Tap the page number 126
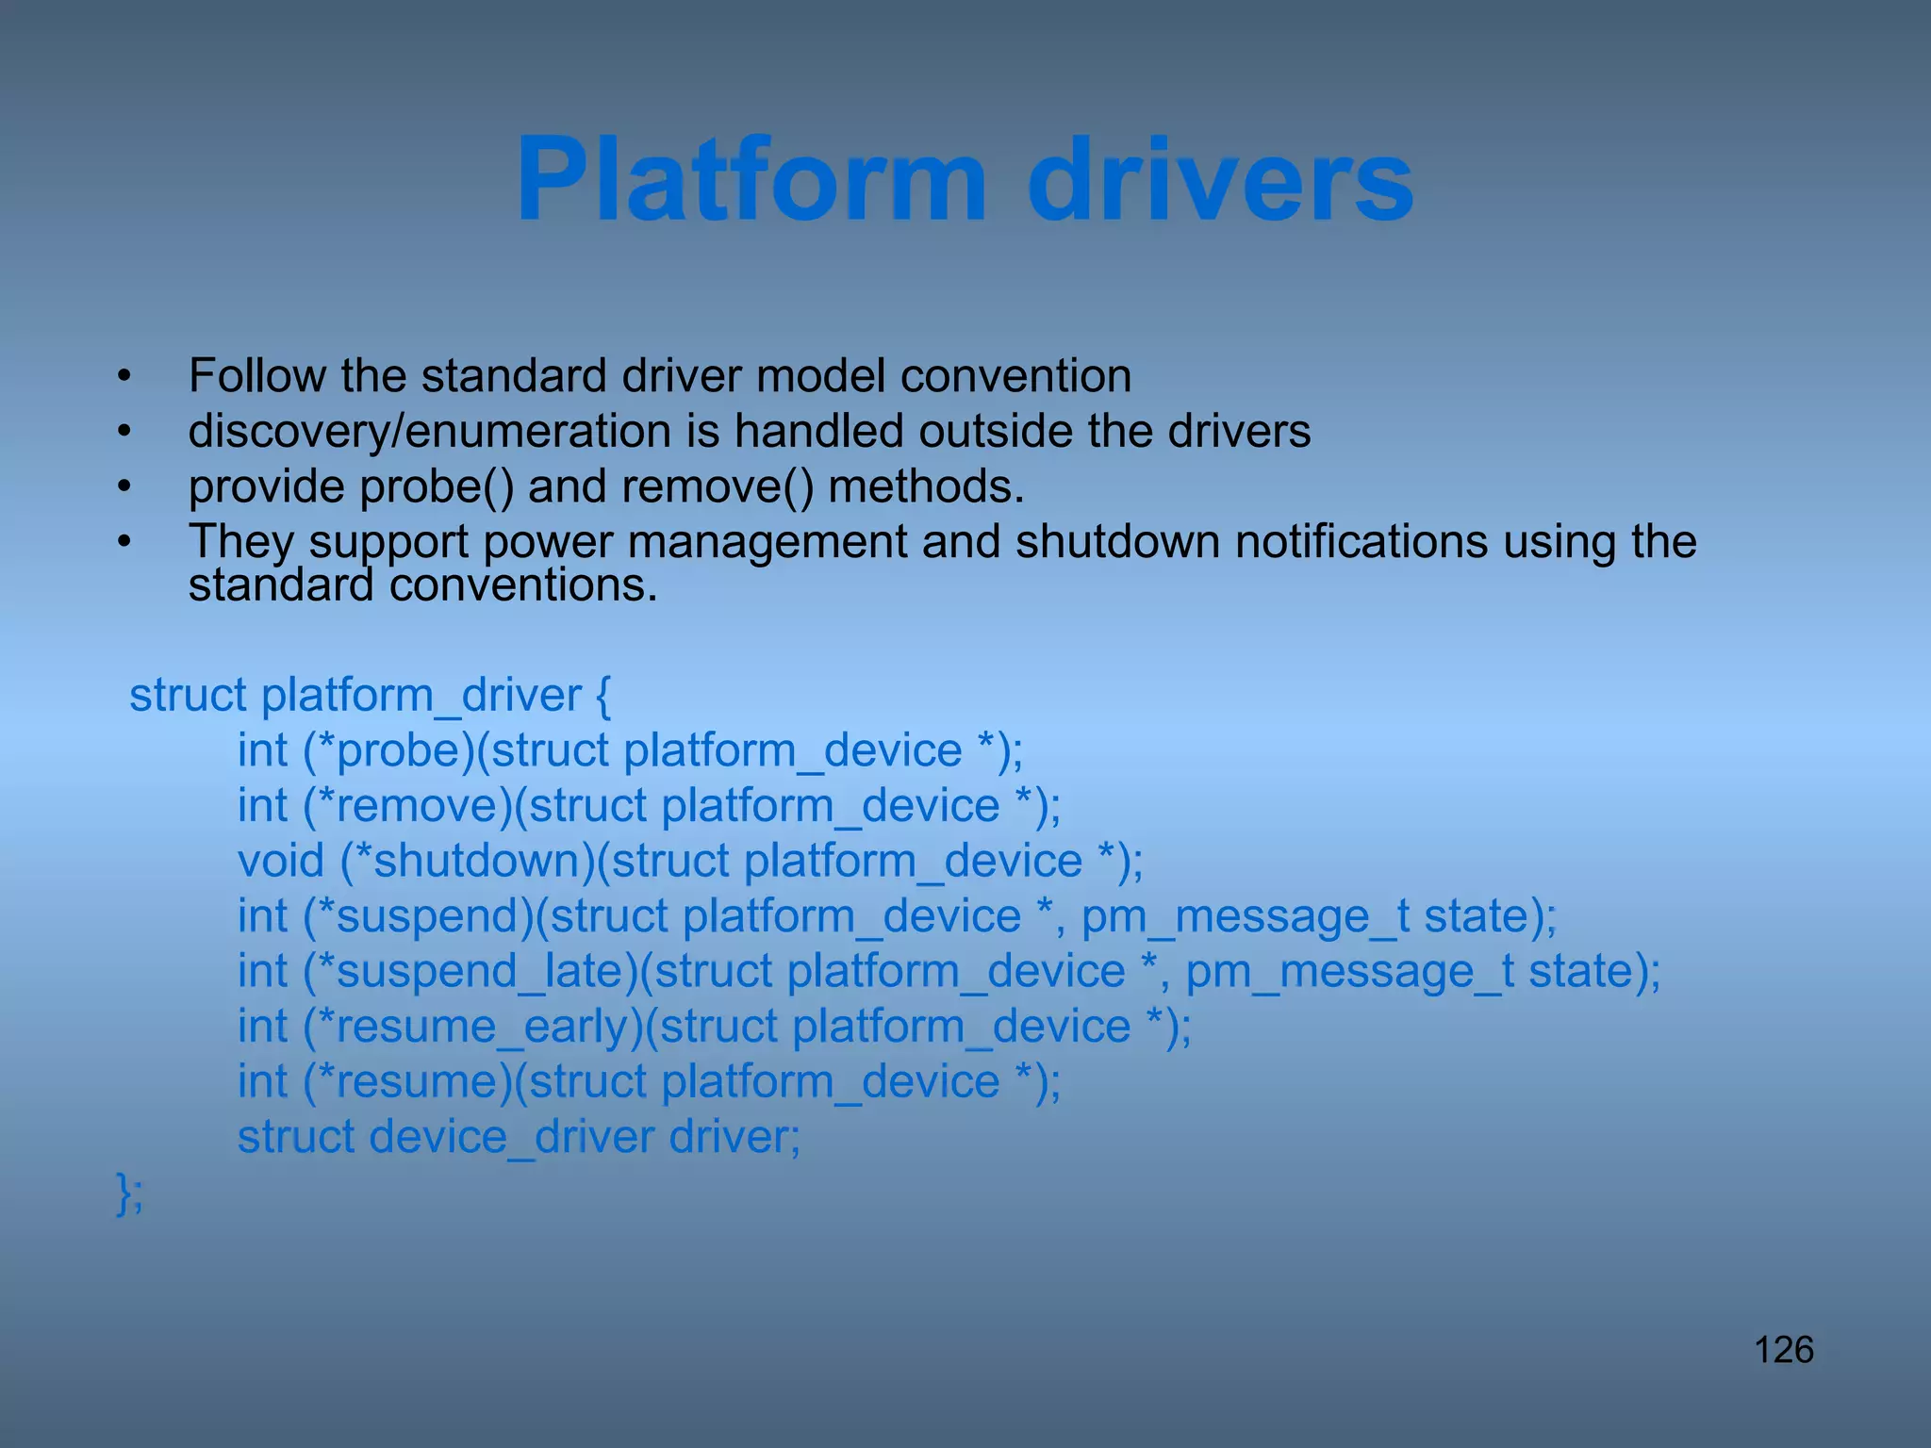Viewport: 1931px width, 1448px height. pyautogui.click(x=1783, y=1350)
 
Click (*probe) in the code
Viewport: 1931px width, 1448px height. pyautogui.click(x=388, y=750)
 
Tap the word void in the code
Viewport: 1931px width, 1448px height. pyautogui.click(x=280, y=861)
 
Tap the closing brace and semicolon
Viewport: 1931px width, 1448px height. pyautogui.click(x=129, y=1193)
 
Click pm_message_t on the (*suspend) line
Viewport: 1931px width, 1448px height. pyautogui.click(x=1246, y=916)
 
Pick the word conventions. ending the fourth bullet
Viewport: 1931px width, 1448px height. pyautogui.click(x=523, y=585)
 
